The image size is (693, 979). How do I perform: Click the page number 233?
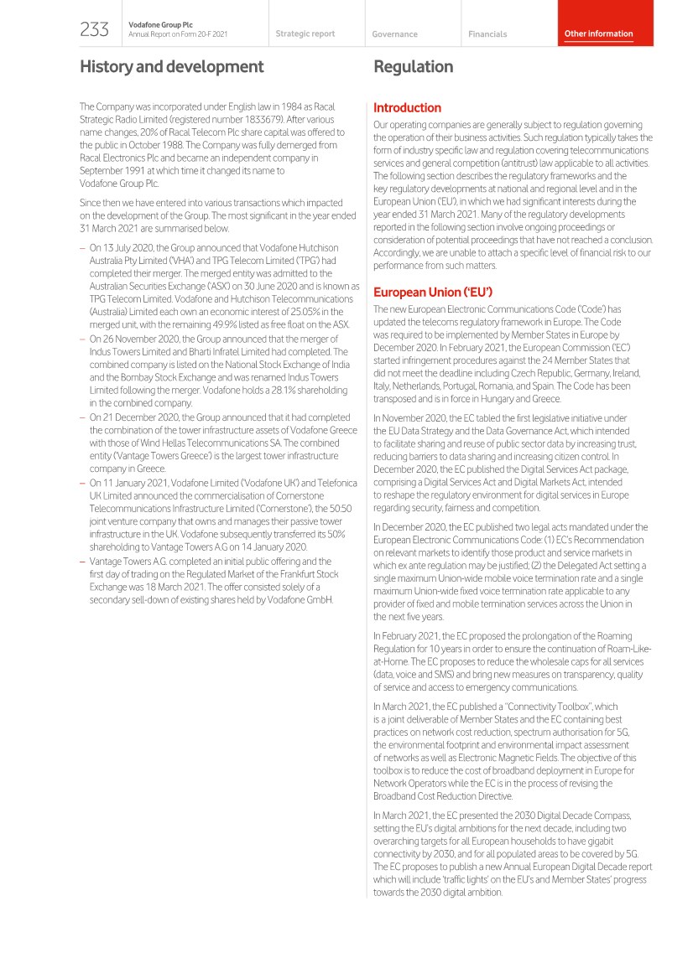tap(94, 30)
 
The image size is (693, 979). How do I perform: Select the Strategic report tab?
tap(305, 34)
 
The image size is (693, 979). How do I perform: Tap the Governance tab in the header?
tap(394, 34)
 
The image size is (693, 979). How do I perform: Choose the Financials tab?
tap(487, 34)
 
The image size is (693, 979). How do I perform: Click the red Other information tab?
tap(598, 34)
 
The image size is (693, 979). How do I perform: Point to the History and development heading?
tap(171, 66)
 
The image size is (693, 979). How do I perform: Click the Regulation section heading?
tap(413, 66)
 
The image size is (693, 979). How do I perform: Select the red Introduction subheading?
tap(407, 108)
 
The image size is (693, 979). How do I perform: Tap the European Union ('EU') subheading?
tap(432, 293)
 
